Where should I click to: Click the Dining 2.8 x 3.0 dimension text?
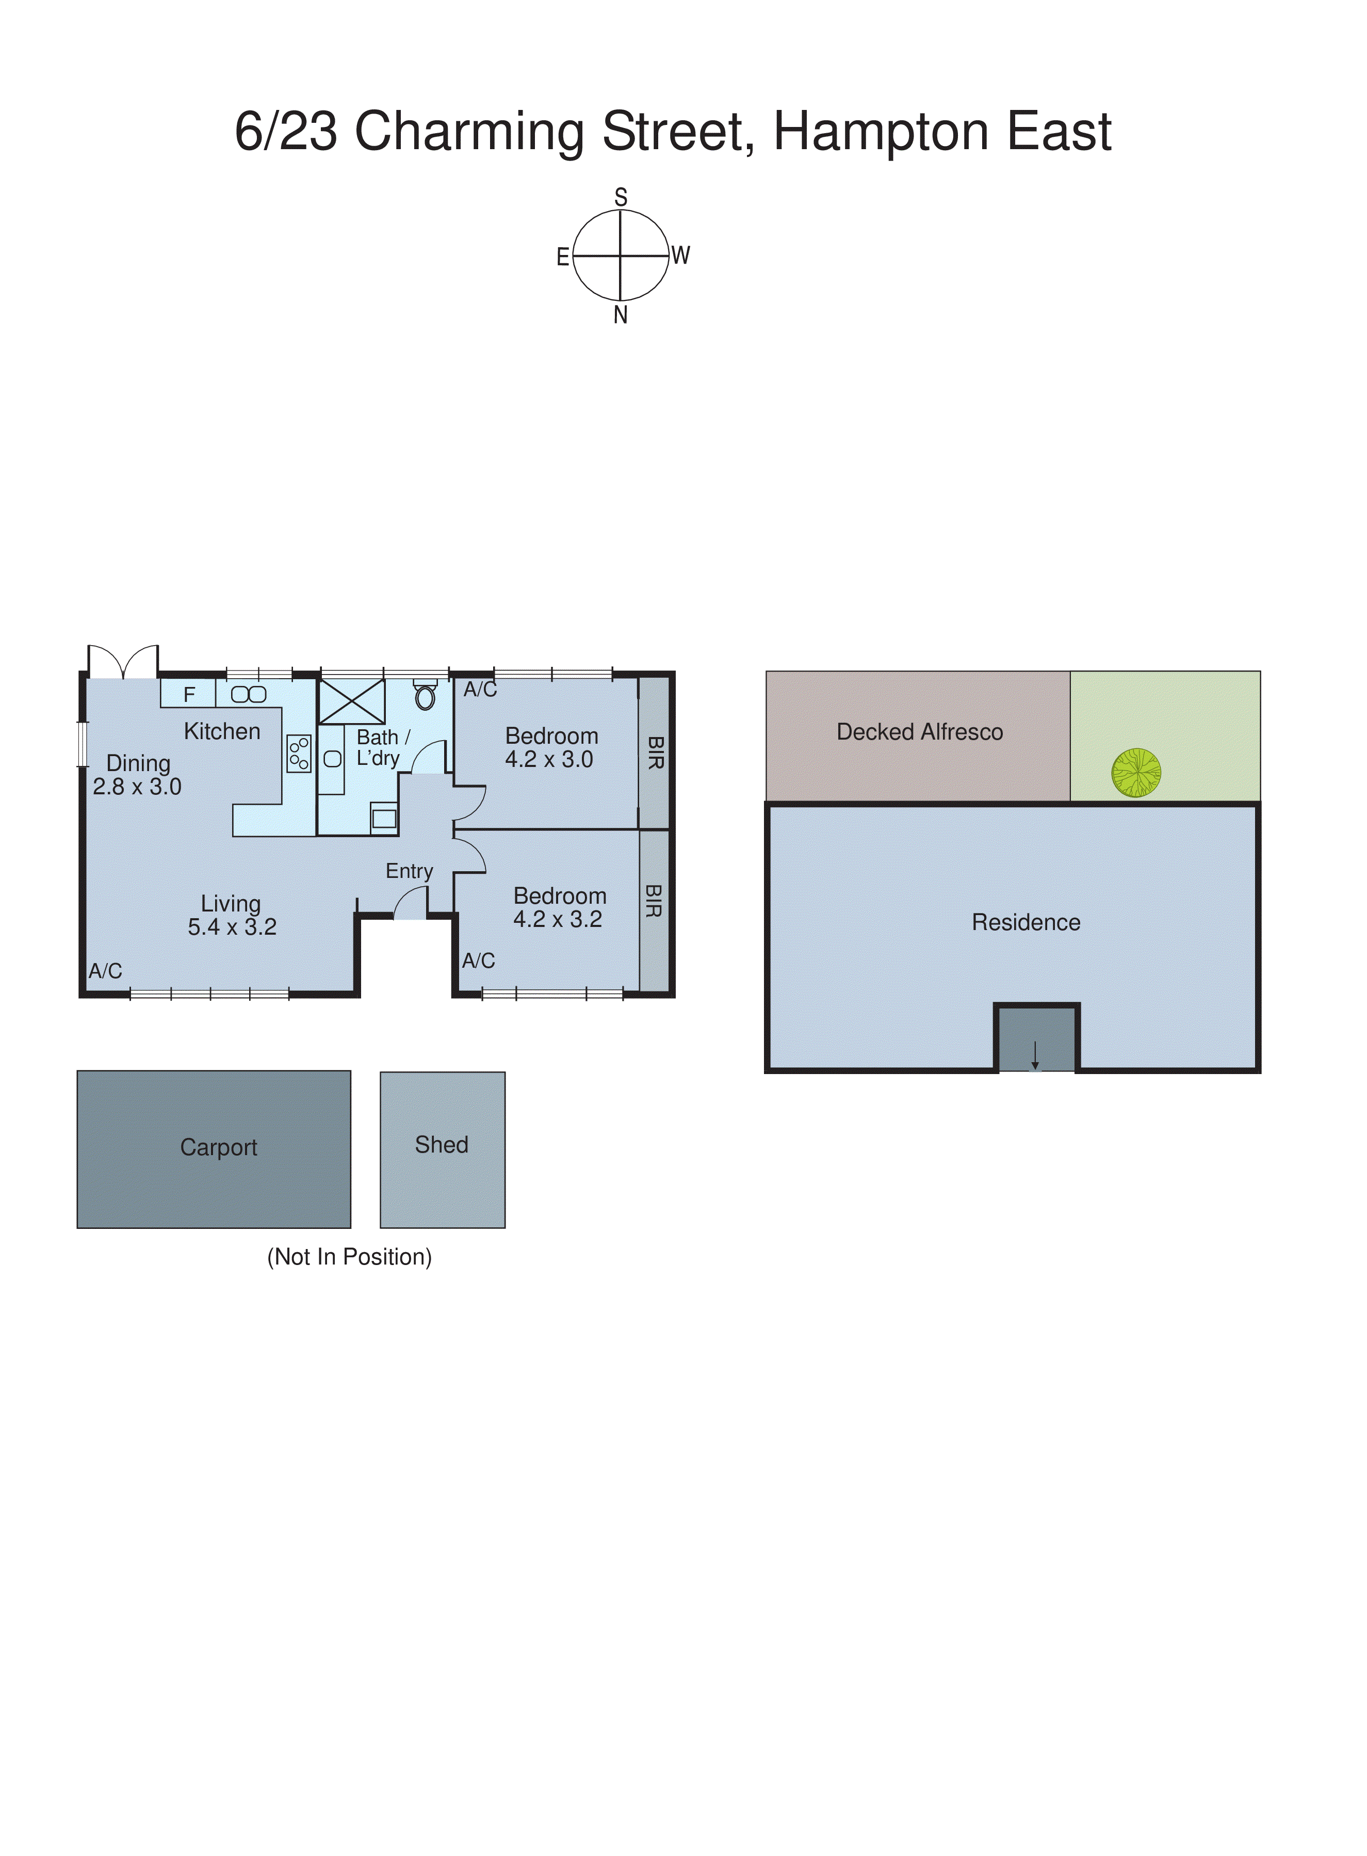[137, 787]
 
